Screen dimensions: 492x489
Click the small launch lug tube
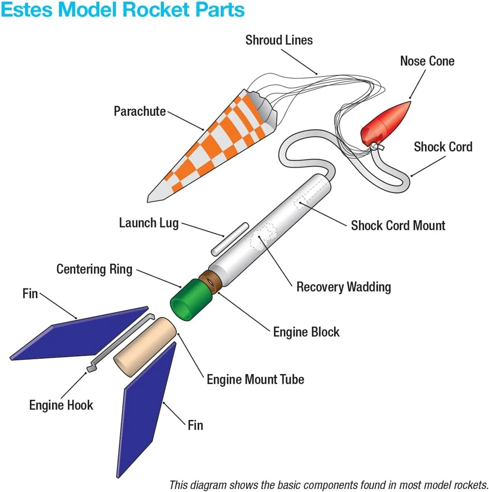coord(229,239)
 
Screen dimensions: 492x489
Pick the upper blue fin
coord(82,334)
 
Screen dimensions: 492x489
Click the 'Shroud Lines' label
coord(279,40)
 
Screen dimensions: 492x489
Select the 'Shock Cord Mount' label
coord(398,225)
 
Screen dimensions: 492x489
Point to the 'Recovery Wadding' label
coord(343,286)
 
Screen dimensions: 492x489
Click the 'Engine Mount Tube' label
coord(255,379)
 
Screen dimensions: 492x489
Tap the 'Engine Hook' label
coord(61,405)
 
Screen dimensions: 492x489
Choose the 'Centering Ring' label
coord(94,269)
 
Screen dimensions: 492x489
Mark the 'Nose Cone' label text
coord(427,61)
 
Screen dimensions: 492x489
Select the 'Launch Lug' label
coord(149,223)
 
